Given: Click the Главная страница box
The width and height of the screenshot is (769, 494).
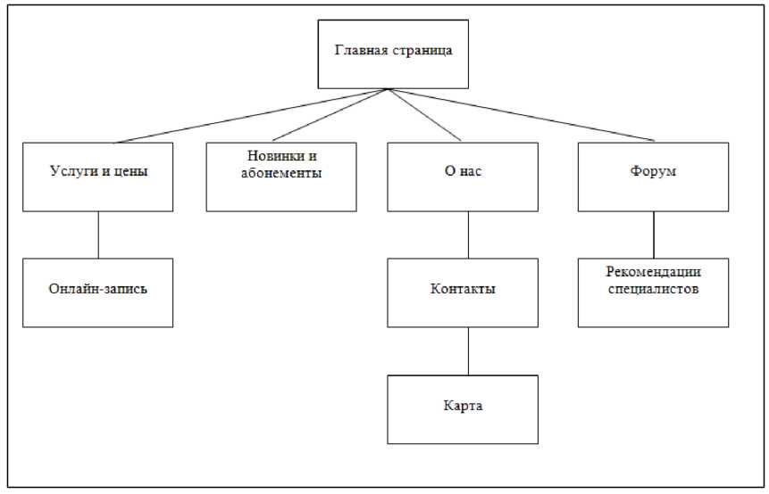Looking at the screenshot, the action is point(393,54).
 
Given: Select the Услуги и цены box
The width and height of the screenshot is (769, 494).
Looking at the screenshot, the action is point(97,177).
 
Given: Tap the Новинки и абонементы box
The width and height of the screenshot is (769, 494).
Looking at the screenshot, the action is point(281,177).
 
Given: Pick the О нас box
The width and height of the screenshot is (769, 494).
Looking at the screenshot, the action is point(463,177).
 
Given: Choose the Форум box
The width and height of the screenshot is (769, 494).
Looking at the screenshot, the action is point(653,177).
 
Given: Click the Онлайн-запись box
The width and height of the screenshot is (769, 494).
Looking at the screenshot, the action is point(97,292).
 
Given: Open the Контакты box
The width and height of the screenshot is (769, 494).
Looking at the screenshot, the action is point(463,292).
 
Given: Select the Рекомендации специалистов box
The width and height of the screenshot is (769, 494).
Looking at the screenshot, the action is point(653,292).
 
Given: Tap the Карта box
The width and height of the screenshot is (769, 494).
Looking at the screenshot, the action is point(463,409).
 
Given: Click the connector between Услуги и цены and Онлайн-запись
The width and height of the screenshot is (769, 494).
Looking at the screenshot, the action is point(98,235).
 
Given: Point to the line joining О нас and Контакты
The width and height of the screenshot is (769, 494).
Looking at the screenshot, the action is point(468,235).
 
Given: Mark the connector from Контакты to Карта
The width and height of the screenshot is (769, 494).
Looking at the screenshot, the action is point(468,351).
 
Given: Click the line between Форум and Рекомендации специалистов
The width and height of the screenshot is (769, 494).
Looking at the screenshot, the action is point(654,235).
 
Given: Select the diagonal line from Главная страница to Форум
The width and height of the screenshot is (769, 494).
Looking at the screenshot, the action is point(522,115).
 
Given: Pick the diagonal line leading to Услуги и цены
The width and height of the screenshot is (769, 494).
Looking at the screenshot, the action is point(251,116).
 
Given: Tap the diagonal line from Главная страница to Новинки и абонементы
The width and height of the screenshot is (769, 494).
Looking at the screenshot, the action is point(330,115).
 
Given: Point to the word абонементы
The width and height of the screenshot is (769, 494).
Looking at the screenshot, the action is point(281,173).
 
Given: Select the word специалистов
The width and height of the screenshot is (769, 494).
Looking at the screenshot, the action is point(653,289).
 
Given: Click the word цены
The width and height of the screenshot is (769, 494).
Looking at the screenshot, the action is point(130,172).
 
